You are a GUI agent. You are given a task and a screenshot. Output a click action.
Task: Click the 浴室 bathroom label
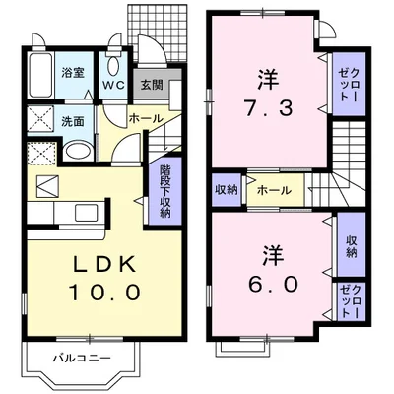(x=72, y=73)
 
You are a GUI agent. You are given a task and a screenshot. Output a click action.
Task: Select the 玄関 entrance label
(x=150, y=86)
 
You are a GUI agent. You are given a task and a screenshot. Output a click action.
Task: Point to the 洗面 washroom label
(x=72, y=123)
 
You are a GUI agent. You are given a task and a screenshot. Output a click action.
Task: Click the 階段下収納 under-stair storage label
(x=164, y=191)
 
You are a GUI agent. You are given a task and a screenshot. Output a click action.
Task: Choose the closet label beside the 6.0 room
(x=350, y=300)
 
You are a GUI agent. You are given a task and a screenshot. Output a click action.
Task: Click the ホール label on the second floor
(x=273, y=189)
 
